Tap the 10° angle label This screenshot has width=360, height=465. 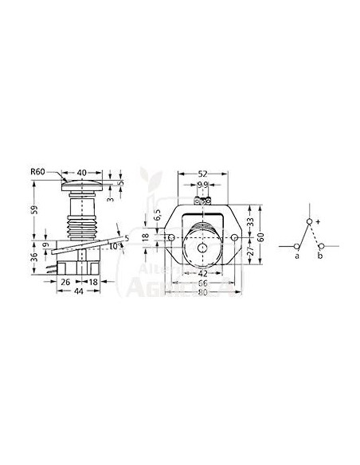(113, 246)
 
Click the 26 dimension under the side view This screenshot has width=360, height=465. (66, 283)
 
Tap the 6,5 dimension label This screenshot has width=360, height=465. (157, 215)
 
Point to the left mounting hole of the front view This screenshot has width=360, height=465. (171, 238)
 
